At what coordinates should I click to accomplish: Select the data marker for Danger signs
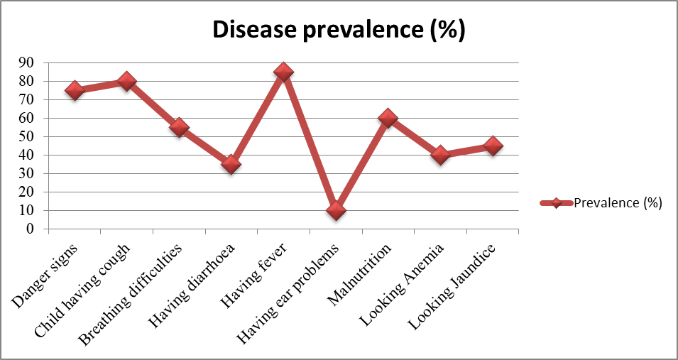click(74, 90)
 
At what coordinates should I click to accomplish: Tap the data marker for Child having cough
click(126, 81)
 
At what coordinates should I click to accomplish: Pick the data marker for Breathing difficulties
click(179, 127)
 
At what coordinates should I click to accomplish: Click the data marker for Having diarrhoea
click(231, 164)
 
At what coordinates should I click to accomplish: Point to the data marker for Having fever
click(283, 72)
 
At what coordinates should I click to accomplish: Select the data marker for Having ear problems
click(336, 210)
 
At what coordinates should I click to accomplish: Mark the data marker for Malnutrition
click(388, 118)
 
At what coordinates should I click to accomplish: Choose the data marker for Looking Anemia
click(440, 155)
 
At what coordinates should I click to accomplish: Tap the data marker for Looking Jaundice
click(493, 146)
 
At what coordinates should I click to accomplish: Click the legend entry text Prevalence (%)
click(618, 203)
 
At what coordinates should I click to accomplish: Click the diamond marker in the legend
click(557, 203)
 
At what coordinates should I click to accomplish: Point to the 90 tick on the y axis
click(26, 62)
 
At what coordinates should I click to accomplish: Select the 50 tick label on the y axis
click(26, 136)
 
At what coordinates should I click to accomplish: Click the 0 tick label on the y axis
click(30, 229)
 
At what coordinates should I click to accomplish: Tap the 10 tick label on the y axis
click(26, 210)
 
